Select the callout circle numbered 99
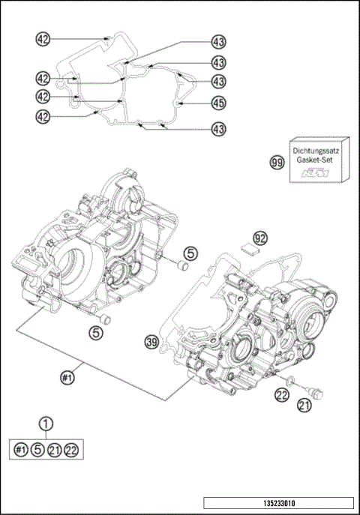[x=277, y=161]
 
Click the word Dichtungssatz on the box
[x=316, y=150]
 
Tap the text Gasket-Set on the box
[x=317, y=160]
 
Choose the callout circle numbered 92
[x=259, y=237]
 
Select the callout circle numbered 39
[x=152, y=342]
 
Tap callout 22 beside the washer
[x=281, y=395]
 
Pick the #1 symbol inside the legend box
[x=21, y=450]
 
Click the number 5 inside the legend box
[x=37, y=450]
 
